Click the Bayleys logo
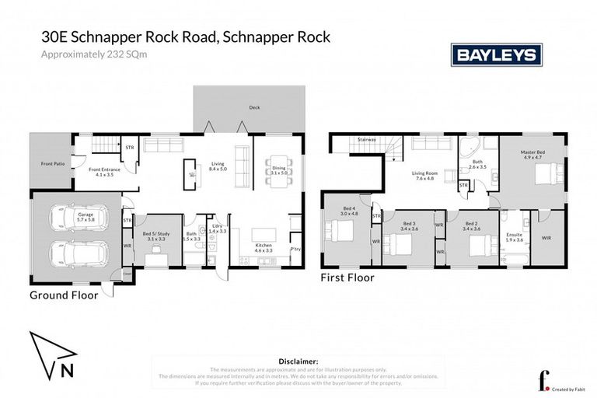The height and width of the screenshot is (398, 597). click(496, 55)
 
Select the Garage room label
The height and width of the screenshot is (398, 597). click(75, 216)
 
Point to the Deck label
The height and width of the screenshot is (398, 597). click(254, 108)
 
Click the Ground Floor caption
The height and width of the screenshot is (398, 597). click(64, 295)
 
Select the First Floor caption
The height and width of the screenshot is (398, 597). click(347, 278)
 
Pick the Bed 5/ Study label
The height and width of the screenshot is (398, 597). click(157, 236)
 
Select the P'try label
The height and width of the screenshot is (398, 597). click(295, 250)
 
